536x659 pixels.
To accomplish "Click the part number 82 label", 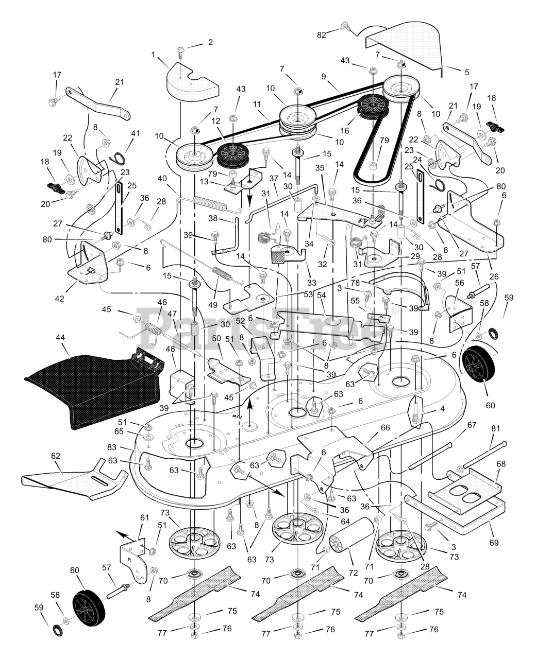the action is (322, 35).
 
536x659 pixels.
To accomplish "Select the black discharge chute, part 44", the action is (93, 392).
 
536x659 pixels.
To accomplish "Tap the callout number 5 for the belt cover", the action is (466, 72).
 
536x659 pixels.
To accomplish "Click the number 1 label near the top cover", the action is (153, 55).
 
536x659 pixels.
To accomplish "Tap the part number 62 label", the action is (56, 456).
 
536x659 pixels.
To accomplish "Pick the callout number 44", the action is (60, 337).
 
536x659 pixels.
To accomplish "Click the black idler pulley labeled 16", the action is (373, 108).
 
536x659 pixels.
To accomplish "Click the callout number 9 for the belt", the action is (324, 76).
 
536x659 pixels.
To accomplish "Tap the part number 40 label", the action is (162, 179).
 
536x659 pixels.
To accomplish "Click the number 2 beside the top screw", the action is (211, 42).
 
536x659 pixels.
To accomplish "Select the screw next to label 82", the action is (346, 26).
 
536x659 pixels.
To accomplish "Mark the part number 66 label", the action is (385, 428).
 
